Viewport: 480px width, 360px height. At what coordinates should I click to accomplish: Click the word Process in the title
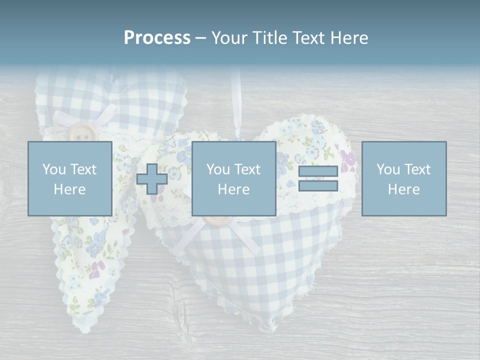pos(157,38)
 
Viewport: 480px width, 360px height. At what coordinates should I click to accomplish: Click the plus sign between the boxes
pos(152,179)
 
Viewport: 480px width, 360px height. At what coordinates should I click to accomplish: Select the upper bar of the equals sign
pos(318,171)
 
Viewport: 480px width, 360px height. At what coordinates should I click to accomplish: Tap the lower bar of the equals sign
pos(318,186)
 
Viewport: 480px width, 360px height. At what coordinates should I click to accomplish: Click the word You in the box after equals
pos(388,169)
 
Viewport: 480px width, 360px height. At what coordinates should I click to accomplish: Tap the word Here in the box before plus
pos(69,189)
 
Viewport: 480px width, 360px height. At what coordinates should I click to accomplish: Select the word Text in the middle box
pos(247,169)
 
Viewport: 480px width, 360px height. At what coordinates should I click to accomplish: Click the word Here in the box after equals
pos(403,189)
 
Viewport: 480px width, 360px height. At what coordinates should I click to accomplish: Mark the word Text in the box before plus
pos(83,169)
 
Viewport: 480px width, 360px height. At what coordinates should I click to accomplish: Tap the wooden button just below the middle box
pos(215,220)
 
